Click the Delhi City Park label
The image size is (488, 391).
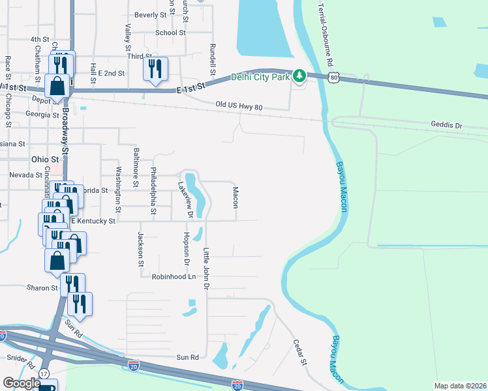click(x=260, y=77)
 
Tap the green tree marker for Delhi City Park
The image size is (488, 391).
click(x=299, y=77)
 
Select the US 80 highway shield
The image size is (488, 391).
click(x=335, y=78)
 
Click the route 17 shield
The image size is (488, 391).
click(x=44, y=373)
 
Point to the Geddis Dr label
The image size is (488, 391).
click(x=446, y=124)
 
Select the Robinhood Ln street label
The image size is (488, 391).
click(x=174, y=277)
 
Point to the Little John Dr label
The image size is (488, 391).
click(x=206, y=268)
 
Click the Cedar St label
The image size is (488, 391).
click(x=299, y=353)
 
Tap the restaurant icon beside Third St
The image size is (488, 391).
click(x=155, y=69)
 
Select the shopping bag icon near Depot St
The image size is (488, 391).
click(x=57, y=86)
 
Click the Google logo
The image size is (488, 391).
click(x=22, y=383)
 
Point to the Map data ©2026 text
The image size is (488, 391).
click(x=460, y=386)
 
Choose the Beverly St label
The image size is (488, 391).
click(x=151, y=14)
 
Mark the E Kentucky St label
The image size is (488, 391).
click(x=93, y=222)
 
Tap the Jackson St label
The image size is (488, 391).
click(x=140, y=250)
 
